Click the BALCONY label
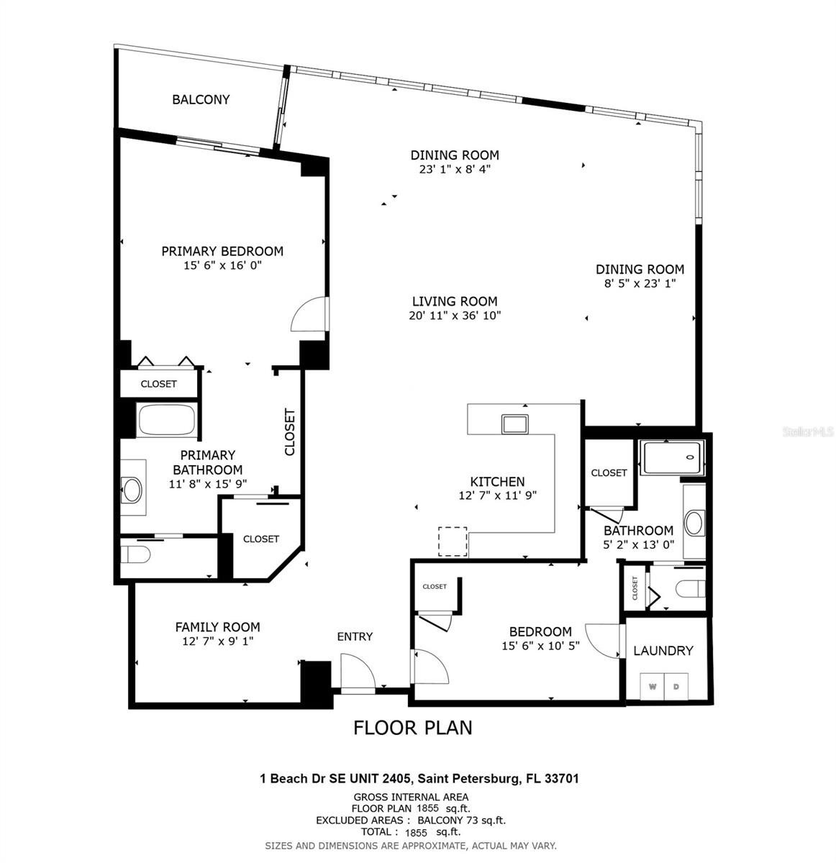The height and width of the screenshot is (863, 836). [x=201, y=99]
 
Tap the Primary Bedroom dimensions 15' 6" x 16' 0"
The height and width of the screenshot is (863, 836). [x=222, y=265]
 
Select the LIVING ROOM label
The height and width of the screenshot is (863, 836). [x=455, y=301]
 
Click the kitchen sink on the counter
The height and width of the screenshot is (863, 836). [x=514, y=424]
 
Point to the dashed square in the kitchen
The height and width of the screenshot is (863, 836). [x=453, y=542]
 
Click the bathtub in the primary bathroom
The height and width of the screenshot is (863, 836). [x=167, y=420]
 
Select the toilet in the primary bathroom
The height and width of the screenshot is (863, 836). [x=135, y=554]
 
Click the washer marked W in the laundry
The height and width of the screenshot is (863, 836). [x=652, y=687]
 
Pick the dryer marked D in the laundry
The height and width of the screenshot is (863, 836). [x=676, y=687]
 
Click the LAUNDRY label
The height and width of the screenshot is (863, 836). [x=663, y=651]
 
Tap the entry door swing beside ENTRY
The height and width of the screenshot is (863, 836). [x=358, y=672]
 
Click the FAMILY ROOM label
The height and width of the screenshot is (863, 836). [x=217, y=627]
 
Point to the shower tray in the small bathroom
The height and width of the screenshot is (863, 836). [x=673, y=457]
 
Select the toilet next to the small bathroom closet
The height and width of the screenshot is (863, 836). [x=691, y=589]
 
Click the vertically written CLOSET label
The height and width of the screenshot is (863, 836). [x=290, y=432]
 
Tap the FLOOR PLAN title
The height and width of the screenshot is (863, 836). [x=413, y=728]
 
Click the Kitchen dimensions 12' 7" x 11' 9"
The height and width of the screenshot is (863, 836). [x=497, y=496]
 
